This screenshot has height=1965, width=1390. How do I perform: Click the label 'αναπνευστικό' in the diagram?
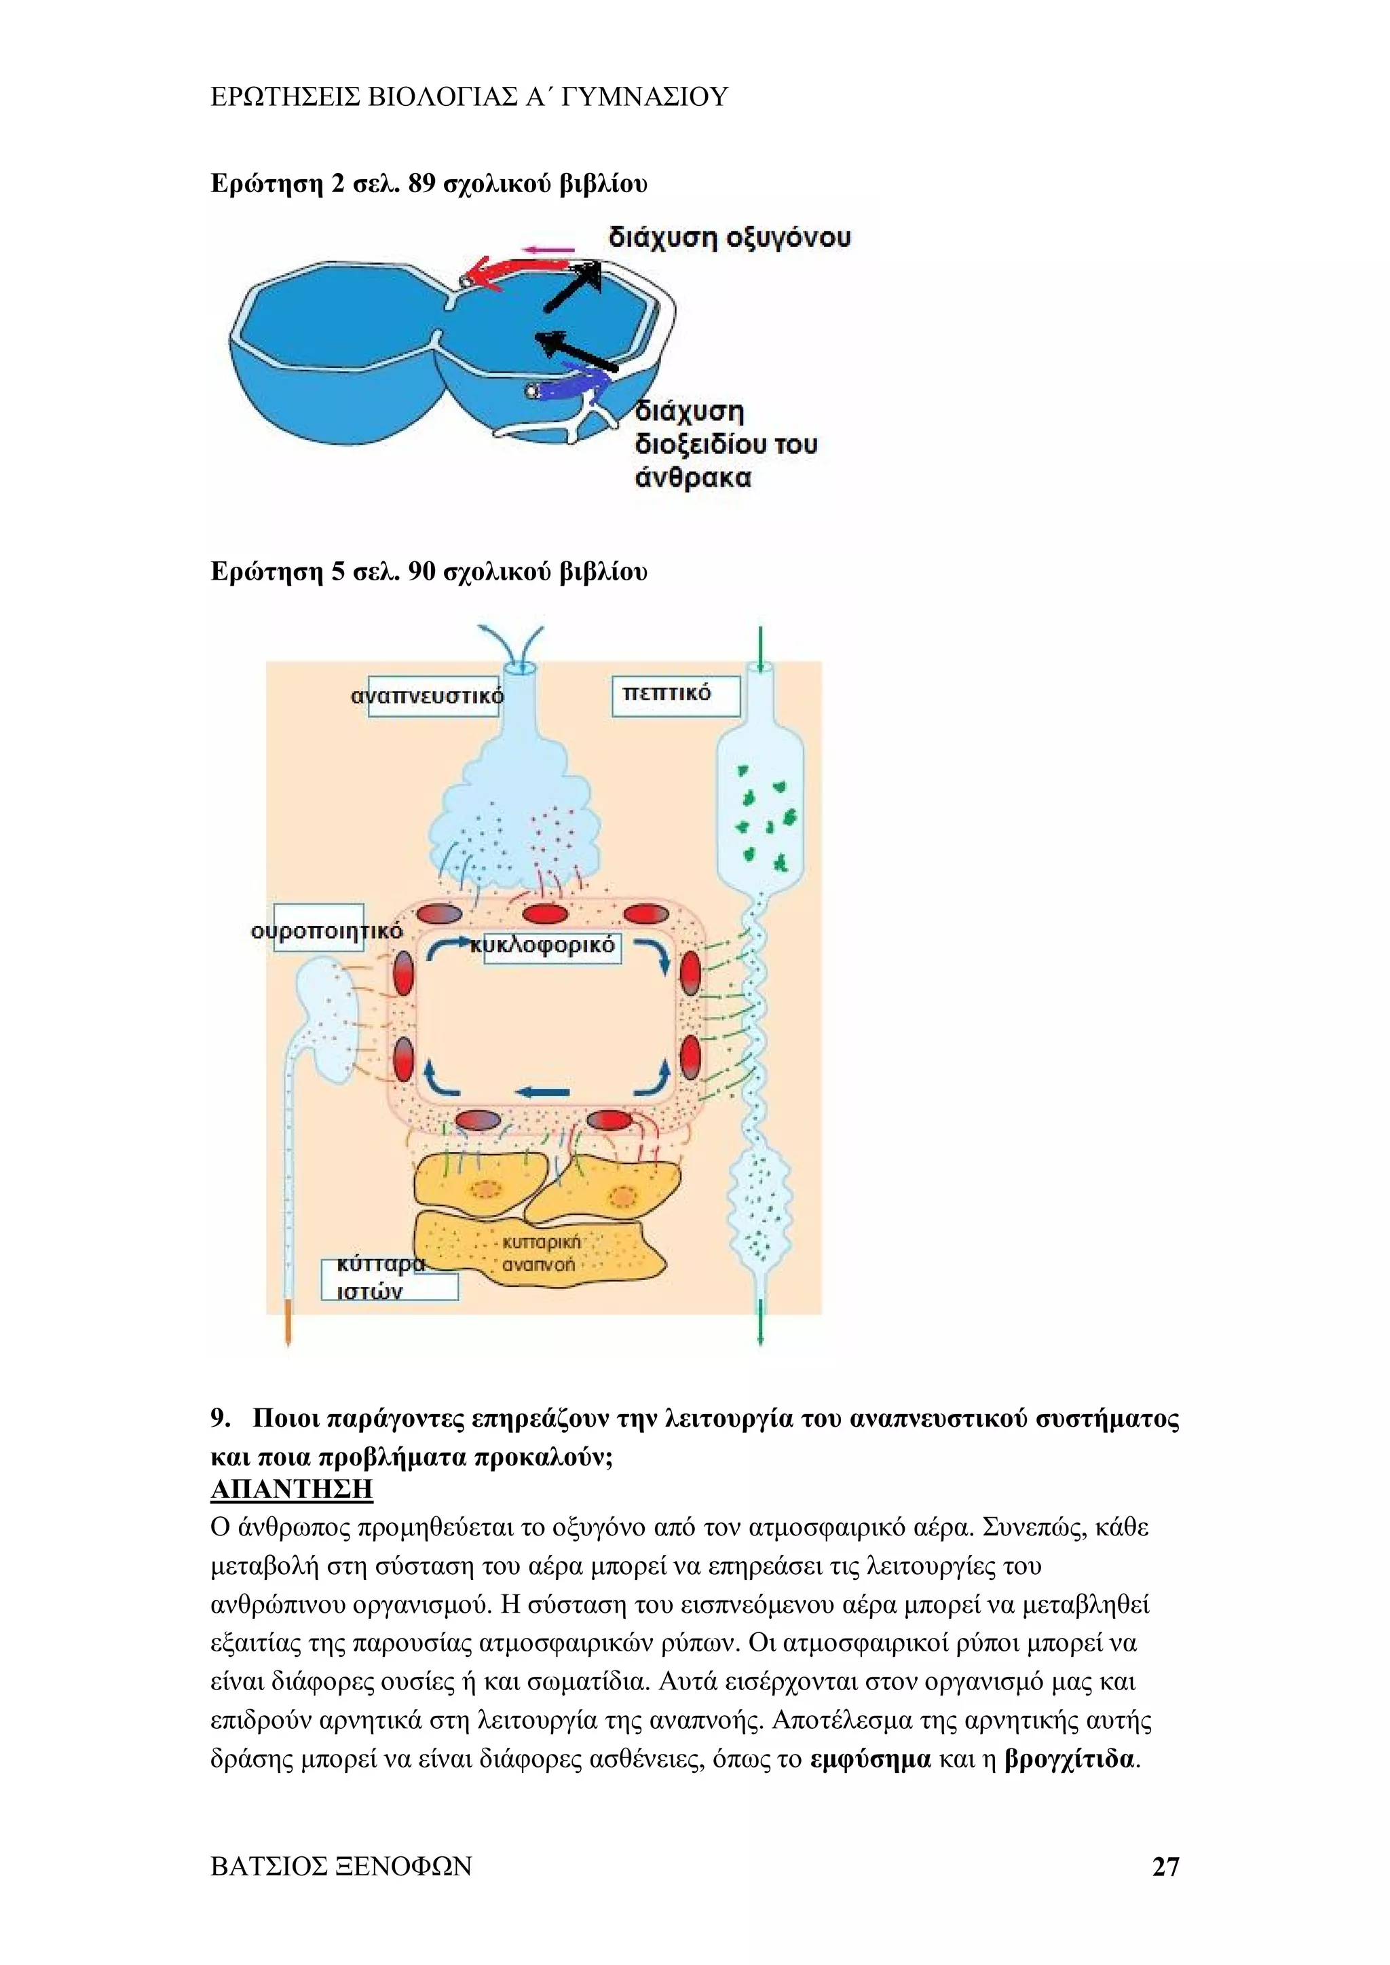pos(427,696)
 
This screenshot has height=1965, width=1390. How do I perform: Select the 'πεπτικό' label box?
pos(675,694)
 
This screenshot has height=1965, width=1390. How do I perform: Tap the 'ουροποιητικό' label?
pos(326,931)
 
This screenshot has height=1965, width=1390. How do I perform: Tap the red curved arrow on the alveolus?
pos(514,272)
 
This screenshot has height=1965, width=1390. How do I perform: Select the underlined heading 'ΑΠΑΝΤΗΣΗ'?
pos(291,1489)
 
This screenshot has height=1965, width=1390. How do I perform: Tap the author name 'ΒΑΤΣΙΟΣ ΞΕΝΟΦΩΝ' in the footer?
pos(341,1867)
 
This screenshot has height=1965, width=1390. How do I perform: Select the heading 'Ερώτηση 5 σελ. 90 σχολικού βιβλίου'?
pos(429,572)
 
